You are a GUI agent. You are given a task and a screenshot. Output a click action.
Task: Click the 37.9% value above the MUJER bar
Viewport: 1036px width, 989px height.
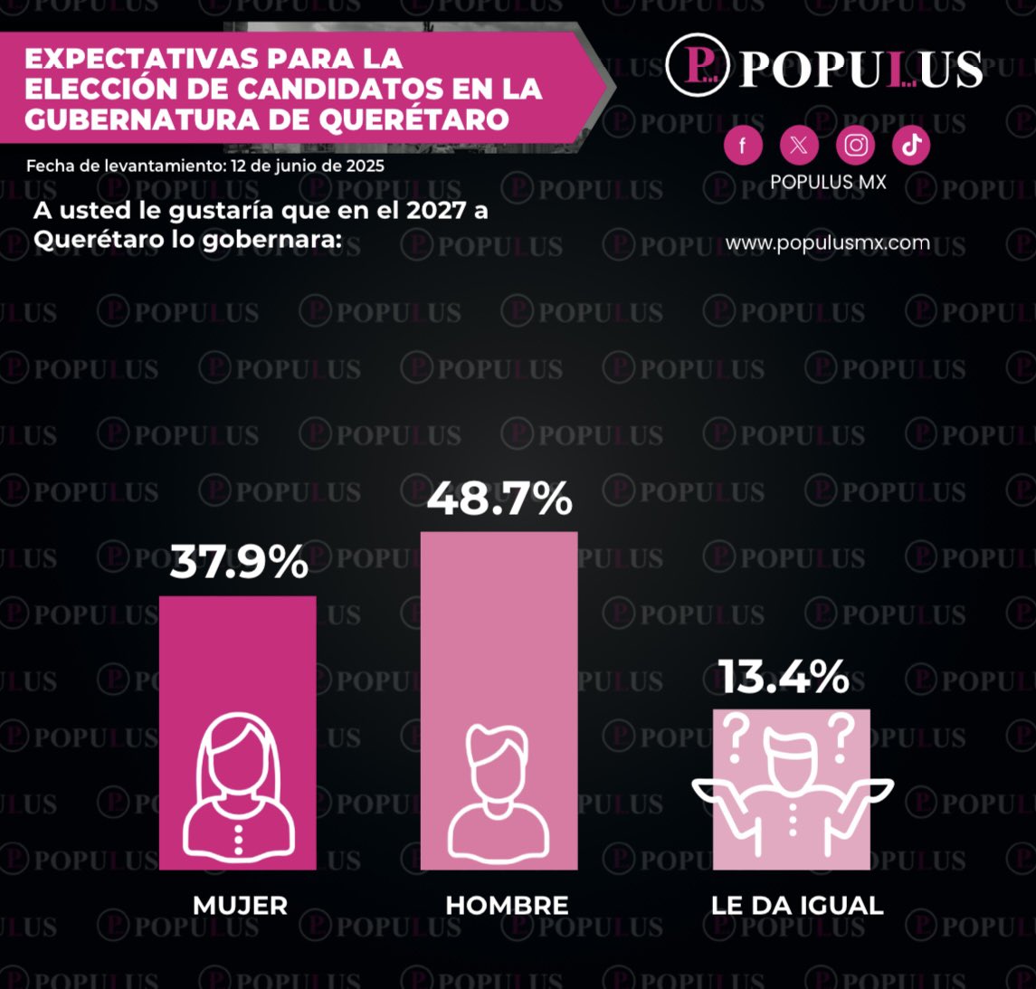click(x=239, y=562)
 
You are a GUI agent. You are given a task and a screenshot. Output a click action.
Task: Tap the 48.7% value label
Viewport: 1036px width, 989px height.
click(x=499, y=498)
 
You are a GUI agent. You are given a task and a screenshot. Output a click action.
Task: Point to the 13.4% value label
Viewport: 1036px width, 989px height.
click(x=784, y=677)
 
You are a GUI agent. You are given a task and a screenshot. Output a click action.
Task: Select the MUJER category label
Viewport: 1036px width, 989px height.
click(x=240, y=905)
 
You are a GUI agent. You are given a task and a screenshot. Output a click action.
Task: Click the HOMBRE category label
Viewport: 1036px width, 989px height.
click(x=507, y=905)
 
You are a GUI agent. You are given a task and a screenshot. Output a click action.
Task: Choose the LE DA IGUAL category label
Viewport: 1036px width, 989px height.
click(x=796, y=905)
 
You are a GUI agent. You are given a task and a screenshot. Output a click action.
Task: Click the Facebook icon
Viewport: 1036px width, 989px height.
click(x=743, y=145)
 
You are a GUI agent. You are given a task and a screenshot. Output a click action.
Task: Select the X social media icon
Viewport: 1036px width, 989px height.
click(x=799, y=145)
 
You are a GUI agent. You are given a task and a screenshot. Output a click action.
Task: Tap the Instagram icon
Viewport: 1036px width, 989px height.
click(x=855, y=145)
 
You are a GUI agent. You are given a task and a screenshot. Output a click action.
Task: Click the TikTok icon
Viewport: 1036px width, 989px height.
click(x=911, y=145)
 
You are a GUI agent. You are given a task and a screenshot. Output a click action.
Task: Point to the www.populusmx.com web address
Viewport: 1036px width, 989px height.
click(x=827, y=242)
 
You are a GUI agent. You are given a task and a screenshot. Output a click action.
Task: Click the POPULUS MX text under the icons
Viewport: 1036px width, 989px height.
click(x=827, y=182)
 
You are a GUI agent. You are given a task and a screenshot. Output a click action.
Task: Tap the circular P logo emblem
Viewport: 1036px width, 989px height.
click(x=698, y=65)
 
